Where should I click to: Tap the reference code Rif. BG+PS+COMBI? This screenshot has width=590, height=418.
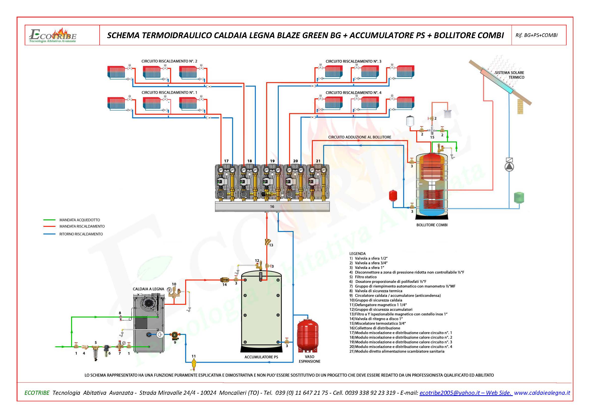click(537, 35)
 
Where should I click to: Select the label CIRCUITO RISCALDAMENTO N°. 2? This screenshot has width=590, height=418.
click(169, 61)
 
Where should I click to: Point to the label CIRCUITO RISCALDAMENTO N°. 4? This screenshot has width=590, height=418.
click(354, 93)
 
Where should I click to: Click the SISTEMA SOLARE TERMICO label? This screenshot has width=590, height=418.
click(510, 75)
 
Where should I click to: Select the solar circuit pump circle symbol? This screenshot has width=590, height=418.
click(509, 167)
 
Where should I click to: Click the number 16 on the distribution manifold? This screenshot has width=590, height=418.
click(272, 206)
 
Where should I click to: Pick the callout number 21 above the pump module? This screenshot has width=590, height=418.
click(318, 161)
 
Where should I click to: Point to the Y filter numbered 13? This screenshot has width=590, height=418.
click(267, 242)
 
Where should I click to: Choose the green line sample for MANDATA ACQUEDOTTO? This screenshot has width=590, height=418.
click(49, 220)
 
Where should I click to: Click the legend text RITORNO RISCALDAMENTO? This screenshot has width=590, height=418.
click(81, 234)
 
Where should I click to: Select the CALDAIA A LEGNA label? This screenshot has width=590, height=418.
click(148, 289)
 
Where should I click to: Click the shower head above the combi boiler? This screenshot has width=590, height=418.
click(448, 113)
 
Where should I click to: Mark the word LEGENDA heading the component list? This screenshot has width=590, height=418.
click(357, 254)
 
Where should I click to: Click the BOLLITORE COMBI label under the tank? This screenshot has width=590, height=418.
click(432, 225)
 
